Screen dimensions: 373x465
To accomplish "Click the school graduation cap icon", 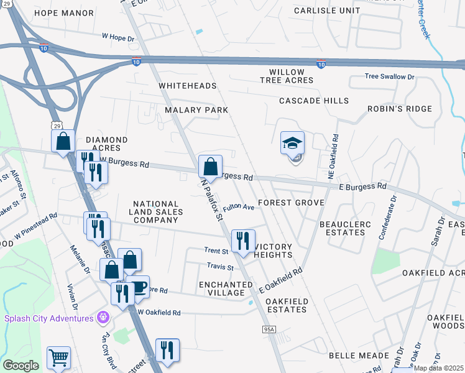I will [x=292, y=144].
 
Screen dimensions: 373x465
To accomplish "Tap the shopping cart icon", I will [x=58, y=357].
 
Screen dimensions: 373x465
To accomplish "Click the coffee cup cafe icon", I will [x=138, y=287].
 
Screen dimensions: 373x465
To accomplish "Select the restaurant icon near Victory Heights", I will [x=243, y=241].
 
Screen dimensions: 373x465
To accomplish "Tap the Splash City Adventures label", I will [x=48, y=318].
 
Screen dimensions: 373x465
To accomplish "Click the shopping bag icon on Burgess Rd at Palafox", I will [x=210, y=167].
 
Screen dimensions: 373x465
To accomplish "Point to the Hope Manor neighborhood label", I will [x=64, y=12].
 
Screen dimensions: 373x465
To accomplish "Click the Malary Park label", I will [x=196, y=110].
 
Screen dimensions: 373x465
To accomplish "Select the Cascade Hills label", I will [x=313, y=101].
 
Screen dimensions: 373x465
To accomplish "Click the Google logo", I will [x=21, y=366].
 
